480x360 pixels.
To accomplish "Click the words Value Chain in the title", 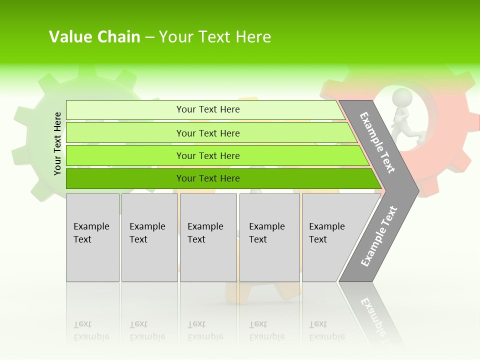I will coord(94,37).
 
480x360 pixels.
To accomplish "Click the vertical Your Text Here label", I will coord(57,143).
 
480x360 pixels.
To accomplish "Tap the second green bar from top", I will coord(208,133).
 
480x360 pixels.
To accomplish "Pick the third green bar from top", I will coord(208,155).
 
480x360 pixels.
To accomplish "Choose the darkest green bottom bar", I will coord(208,178).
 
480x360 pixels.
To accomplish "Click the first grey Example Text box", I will coord(92,237).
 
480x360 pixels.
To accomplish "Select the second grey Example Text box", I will coord(149,237).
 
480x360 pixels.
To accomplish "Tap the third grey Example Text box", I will coord(208,237).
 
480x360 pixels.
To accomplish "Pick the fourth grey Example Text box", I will coord(269,237).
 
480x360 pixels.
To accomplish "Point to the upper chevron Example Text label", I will coord(377,142).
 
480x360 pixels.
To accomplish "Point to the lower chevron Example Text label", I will coord(378,236).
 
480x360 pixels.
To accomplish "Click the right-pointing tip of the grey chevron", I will coord(416,190).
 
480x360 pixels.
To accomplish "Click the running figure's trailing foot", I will coord(421,136).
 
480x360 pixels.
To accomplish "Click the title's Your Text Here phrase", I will coord(215,37).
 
